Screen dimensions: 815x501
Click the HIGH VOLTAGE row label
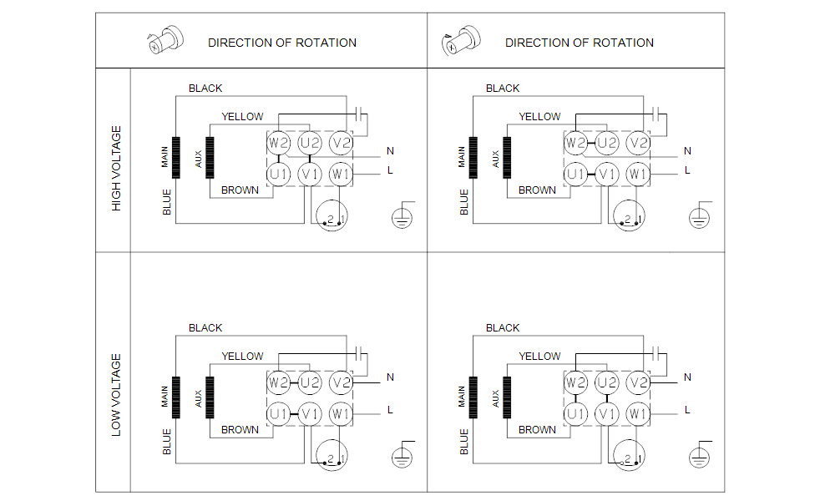[116, 169]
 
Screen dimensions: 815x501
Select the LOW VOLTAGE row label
[116, 395]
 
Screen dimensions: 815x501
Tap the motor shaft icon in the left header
[166, 39]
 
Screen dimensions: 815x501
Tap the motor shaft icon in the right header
[461, 39]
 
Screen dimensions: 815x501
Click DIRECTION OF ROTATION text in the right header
[580, 43]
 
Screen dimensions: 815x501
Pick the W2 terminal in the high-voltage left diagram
[279, 143]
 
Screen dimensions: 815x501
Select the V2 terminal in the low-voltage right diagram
[638, 383]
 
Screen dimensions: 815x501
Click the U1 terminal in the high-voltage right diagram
[575, 175]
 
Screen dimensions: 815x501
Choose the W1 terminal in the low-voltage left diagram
[341, 413]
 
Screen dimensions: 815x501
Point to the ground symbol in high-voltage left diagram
[402, 217]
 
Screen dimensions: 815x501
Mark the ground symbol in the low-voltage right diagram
[700, 456]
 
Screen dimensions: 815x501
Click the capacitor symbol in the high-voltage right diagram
[656, 114]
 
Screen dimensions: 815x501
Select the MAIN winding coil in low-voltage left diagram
[176, 397]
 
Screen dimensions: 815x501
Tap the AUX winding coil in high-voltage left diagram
[210, 158]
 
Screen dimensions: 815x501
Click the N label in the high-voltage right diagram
[688, 151]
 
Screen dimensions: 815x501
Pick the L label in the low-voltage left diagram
[390, 410]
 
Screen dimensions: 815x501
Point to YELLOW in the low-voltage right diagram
[539, 357]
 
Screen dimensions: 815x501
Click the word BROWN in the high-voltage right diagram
[537, 190]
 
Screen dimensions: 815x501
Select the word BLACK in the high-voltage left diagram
[205, 89]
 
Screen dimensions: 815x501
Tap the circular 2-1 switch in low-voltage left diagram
[332, 455]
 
